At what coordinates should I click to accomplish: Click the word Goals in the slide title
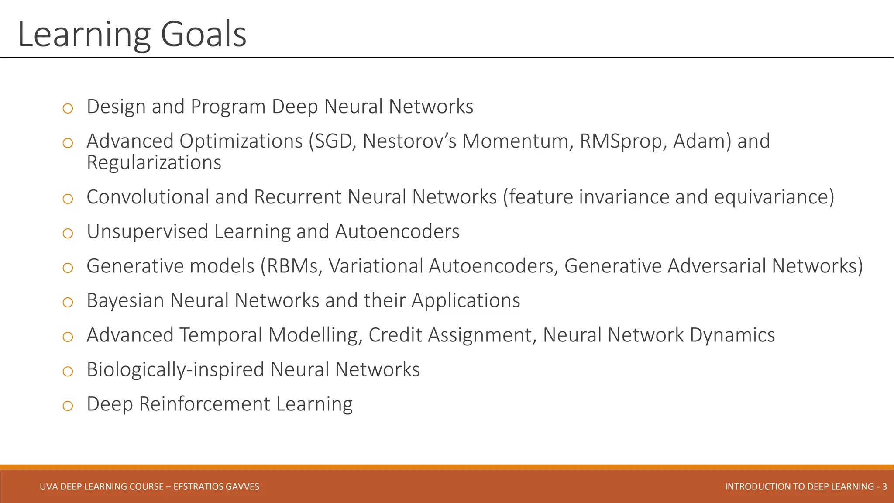click(203, 35)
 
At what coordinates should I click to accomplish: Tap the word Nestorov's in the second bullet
click(409, 141)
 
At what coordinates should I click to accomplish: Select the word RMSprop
click(623, 141)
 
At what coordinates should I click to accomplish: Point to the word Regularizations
click(154, 162)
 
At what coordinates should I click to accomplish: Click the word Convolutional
click(148, 197)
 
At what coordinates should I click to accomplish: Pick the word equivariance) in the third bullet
click(774, 197)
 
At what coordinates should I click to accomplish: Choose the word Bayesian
click(125, 300)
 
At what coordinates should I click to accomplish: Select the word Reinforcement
click(204, 404)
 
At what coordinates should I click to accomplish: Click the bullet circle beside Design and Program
click(68, 108)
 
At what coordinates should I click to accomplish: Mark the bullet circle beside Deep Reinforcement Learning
click(68, 406)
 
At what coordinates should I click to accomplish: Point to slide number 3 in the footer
click(884, 486)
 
